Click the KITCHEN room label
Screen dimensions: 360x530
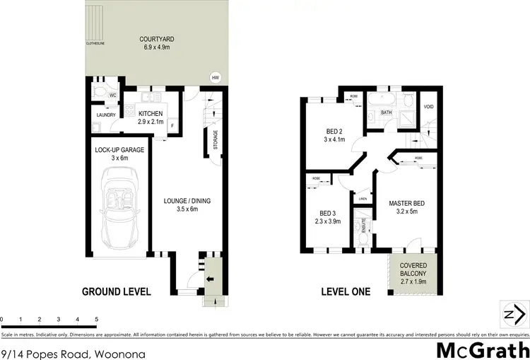[151, 114]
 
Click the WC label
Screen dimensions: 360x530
[112, 95]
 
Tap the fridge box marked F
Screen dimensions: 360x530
[173, 127]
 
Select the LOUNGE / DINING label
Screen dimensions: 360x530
[187, 200]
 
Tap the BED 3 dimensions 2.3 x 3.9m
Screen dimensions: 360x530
[327, 221]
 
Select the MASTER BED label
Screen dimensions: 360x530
[406, 203]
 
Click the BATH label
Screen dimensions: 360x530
[387, 112]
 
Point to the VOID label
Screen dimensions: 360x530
[428, 108]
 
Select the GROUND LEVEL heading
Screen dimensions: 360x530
[116, 291]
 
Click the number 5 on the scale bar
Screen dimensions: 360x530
[96, 320]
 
